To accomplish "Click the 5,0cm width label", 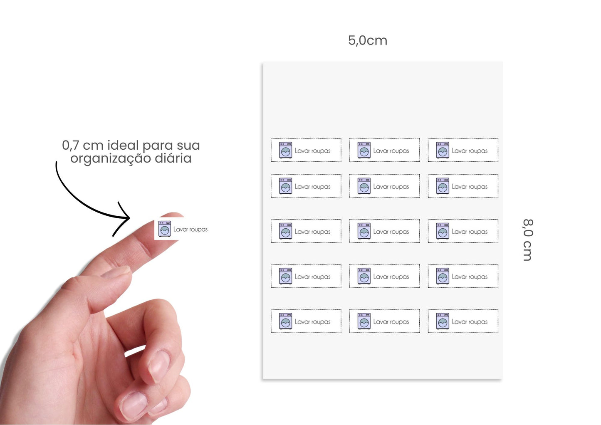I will (368, 40).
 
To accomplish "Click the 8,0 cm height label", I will (527, 240).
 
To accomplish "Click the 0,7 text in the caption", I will (70, 145).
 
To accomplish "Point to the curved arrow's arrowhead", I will (126, 217).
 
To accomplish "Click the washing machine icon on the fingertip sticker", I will (165, 229).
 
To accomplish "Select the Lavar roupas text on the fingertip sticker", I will (190, 229).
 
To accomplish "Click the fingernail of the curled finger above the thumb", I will (158, 366).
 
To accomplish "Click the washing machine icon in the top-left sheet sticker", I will (285, 150).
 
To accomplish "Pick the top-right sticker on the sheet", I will (463, 150).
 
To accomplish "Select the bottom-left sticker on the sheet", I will (306, 321).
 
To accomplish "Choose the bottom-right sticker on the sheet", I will (463, 321).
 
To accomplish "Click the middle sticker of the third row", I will (384, 231).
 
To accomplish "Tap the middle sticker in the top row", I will (384, 150).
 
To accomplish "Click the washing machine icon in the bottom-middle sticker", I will (364, 321).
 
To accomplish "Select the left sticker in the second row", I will (306, 186).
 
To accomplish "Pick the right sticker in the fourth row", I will (463, 276).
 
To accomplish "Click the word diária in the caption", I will (173, 158).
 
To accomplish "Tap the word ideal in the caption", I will (123, 145).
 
